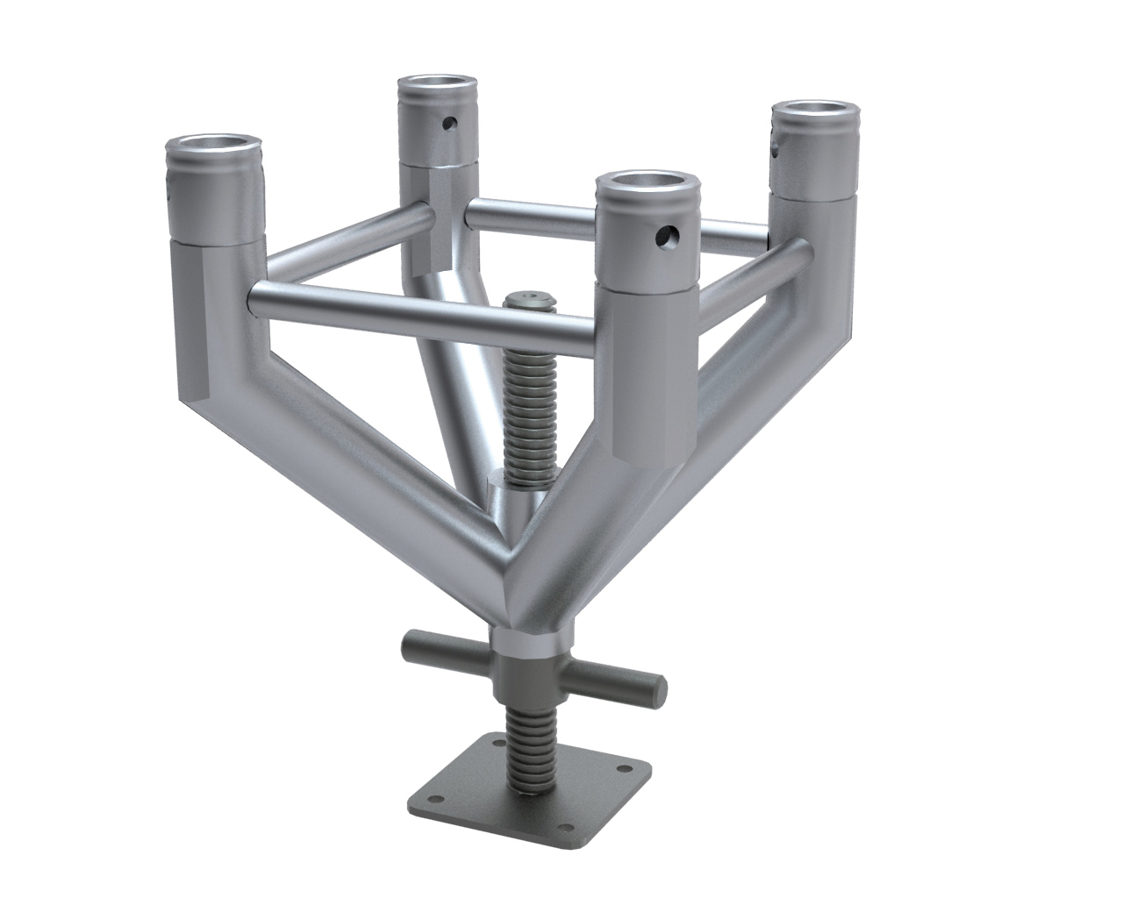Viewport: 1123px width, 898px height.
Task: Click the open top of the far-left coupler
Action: coord(215,145)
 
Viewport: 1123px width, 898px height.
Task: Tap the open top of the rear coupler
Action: coord(439,86)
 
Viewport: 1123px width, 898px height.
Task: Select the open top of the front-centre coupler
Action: coord(647,186)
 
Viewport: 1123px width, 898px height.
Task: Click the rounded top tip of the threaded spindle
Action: coord(529,299)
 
